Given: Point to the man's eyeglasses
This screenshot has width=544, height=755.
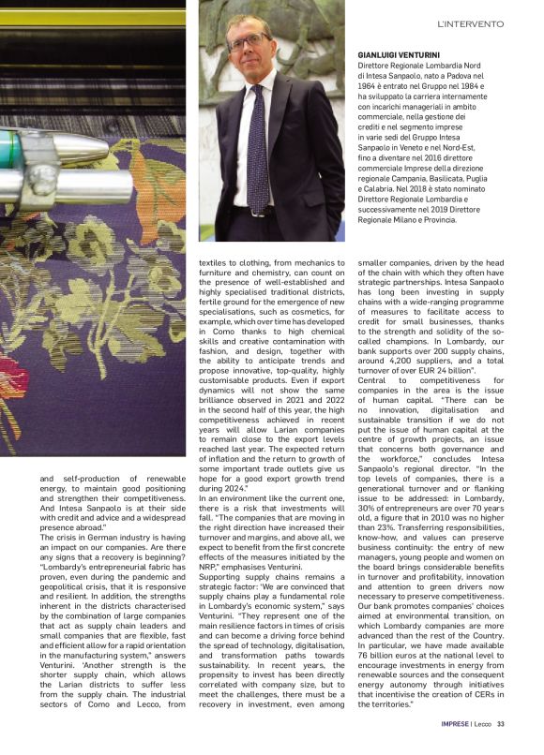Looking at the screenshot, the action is (x=249, y=42).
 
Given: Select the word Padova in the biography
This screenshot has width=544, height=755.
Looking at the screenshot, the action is (x=467, y=77).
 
